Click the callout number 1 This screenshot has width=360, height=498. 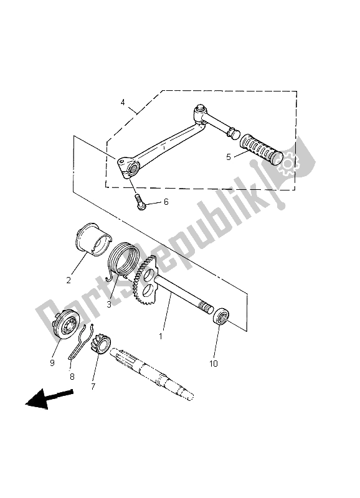[161, 336]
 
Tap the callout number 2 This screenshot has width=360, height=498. [69, 281]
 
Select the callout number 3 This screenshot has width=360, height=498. [109, 304]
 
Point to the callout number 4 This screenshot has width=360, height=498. [123, 102]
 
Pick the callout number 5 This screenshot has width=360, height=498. [229, 157]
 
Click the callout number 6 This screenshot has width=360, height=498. [166, 202]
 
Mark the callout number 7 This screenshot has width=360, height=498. [93, 387]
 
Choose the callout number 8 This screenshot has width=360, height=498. [72, 377]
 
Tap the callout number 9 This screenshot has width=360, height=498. [52, 363]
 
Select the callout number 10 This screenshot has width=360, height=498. [214, 364]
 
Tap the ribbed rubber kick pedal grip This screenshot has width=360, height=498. [261, 149]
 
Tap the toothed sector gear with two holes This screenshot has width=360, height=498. [145, 276]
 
